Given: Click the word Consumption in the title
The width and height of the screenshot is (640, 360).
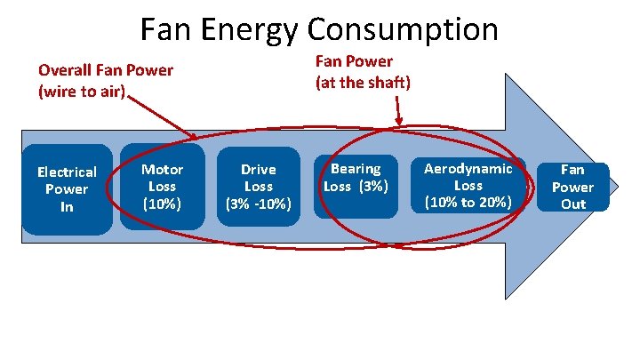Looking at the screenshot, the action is click(403, 30).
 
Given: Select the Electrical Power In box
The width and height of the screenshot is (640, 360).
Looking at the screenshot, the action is click(67, 188).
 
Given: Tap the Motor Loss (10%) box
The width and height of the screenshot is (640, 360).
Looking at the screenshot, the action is click(162, 186).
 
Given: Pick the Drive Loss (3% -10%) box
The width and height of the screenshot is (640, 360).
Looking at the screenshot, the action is click(258, 187).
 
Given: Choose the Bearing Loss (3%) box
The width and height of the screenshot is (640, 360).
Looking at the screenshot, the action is click(356, 178).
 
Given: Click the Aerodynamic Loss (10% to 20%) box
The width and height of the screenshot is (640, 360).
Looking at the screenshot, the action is click(468, 185).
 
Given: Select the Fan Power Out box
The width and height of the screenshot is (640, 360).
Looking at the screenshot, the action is click(572, 186).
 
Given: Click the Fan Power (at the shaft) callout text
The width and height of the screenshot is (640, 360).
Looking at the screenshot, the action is click(363, 72).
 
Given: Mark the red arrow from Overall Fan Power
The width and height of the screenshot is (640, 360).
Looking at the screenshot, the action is click(164, 114).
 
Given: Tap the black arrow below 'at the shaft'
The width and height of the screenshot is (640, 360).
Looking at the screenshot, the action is click(397, 112).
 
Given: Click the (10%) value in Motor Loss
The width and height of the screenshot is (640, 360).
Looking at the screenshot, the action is click(162, 204).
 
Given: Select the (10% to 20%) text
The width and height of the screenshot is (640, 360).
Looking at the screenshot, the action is click(468, 202).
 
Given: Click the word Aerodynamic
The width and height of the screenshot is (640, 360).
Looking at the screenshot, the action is click(468, 168).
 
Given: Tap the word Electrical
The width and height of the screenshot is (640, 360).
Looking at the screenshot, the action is click(67, 172).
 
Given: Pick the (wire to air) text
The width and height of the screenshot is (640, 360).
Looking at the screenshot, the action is click(83, 89).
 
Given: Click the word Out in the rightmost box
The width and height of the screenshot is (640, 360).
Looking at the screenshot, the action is click(572, 204).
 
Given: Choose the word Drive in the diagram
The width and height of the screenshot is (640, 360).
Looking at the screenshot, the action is click(258, 169).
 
